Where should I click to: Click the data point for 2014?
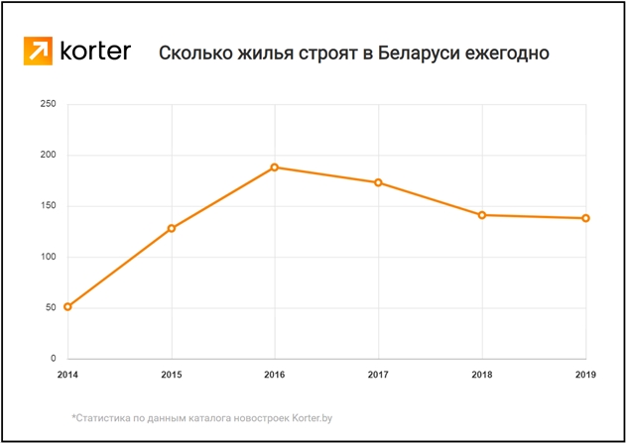coord(67,306)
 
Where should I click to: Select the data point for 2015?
coord(172,228)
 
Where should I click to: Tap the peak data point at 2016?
coord(275,167)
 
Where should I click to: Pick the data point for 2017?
coord(378,182)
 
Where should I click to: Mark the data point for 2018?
coord(482,215)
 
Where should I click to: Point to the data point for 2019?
coord(585,218)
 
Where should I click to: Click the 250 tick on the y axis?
coord(47,104)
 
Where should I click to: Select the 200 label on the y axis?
coord(47,156)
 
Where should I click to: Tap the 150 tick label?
coord(47,206)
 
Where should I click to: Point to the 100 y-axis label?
coord(47,257)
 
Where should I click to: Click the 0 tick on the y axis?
coord(53,358)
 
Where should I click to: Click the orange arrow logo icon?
coord(39,52)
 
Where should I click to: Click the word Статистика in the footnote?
coord(104,418)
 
